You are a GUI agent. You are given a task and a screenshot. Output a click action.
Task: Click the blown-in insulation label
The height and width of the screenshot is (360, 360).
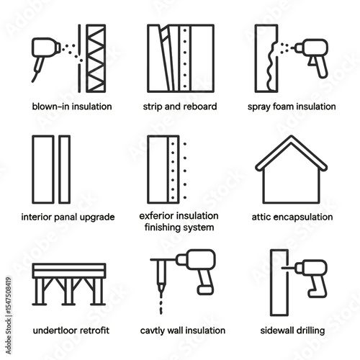(71, 107)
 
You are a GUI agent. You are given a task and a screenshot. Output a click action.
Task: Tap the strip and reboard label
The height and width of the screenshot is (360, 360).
(179, 107)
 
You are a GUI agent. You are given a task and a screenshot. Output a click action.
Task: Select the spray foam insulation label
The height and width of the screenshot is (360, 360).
(292, 107)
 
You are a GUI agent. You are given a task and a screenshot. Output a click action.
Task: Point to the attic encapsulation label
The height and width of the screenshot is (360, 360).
(292, 217)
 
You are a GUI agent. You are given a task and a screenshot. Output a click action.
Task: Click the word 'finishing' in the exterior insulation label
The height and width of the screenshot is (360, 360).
(163, 227)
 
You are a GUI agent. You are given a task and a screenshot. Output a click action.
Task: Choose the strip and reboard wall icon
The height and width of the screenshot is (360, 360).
(179, 58)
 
